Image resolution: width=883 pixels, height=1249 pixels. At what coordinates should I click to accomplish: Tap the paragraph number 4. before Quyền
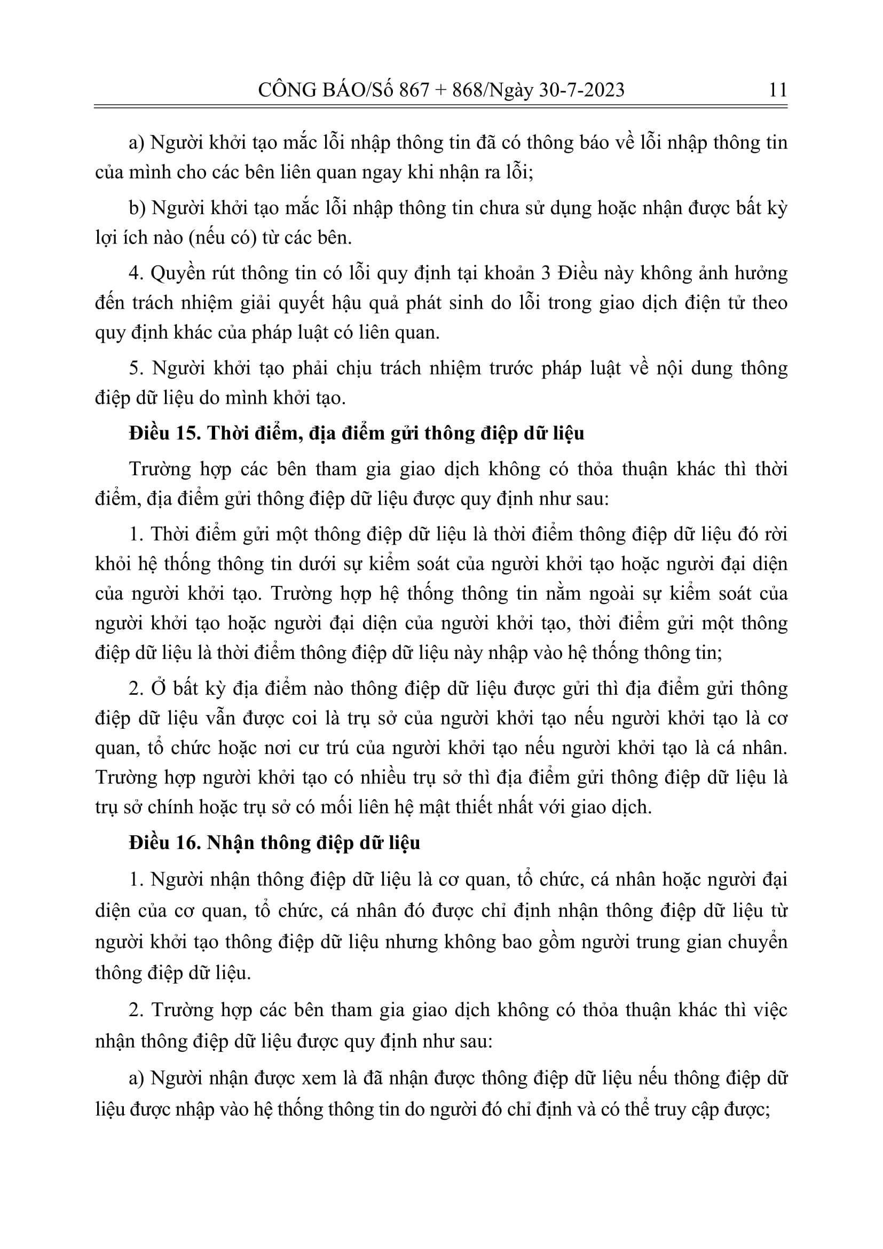[x=135, y=272]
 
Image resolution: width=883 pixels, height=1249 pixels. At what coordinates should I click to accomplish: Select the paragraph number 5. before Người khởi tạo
[x=135, y=368]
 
